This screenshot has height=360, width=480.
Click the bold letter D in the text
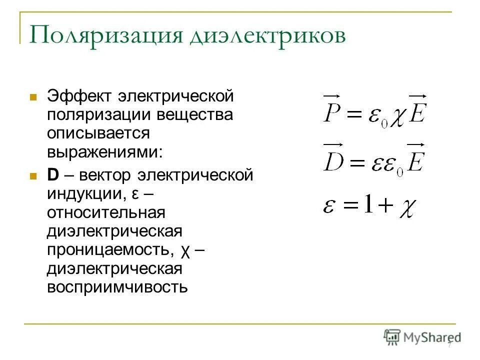[53, 175]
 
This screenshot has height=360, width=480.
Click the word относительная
[106, 212]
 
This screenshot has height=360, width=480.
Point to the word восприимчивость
[118, 287]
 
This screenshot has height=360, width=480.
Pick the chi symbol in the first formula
[397, 116]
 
